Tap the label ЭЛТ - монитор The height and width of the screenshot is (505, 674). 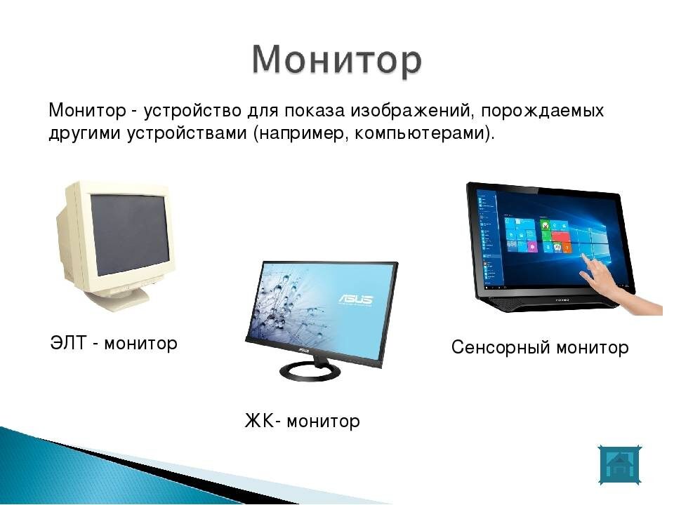pyautogui.click(x=114, y=344)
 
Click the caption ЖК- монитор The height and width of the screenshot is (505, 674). pyautogui.click(x=301, y=421)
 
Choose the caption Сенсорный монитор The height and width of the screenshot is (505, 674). pyautogui.click(x=539, y=347)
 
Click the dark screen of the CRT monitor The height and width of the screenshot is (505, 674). pyautogui.click(x=131, y=234)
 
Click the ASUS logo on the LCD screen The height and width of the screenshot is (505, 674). pyautogui.click(x=357, y=299)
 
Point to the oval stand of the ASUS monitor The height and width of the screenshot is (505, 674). pyautogui.click(x=311, y=371)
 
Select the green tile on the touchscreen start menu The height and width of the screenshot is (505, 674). pyautogui.click(x=544, y=225)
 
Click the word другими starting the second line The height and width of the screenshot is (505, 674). pyautogui.click(x=76, y=133)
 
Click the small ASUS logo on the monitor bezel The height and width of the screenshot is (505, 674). pyautogui.click(x=303, y=347)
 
